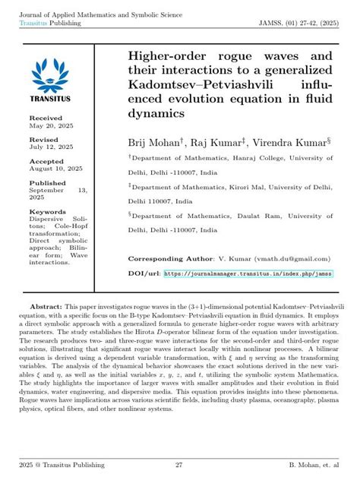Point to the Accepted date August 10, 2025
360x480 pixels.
point(53,169)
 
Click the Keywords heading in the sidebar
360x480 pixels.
point(47,211)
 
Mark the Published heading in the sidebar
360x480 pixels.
point(48,183)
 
